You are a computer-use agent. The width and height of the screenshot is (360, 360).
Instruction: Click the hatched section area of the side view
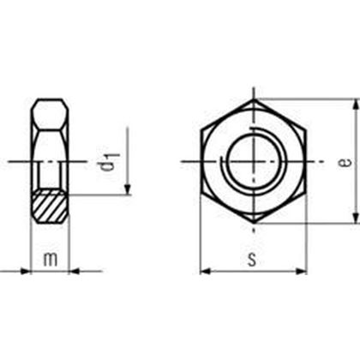pyautogui.click(x=50, y=207)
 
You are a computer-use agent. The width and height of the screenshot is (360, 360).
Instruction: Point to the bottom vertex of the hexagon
pyautogui.click(x=255, y=224)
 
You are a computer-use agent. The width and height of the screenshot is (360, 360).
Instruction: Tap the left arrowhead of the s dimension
pyautogui.click(x=204, y=273)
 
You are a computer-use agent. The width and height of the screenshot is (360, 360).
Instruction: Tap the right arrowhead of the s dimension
pyautogui.click(x=304, y=273)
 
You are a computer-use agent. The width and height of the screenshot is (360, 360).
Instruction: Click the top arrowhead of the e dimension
pyautogui.click(x=354, y=104)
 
